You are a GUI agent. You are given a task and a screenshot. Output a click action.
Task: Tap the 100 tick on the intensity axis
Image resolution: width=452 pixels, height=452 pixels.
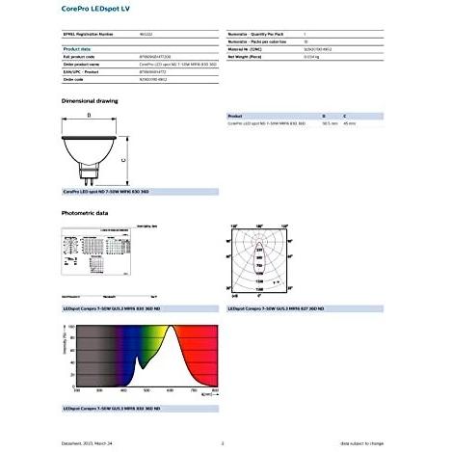point(69,328)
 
